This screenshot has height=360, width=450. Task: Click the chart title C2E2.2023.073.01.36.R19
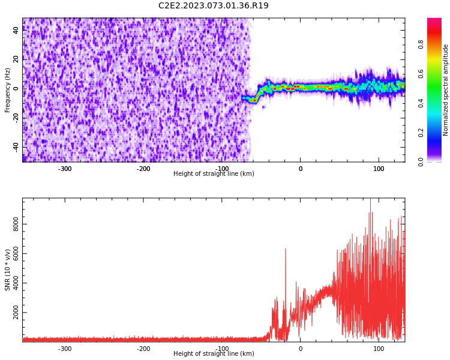(x=214, y=5)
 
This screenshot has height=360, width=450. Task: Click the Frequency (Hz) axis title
(x=7, y=90)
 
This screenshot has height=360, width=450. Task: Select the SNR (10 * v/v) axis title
(x=7, y=270)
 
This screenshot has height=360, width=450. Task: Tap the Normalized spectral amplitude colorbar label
(x=445, y=90)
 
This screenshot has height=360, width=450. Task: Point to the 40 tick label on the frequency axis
(x=16, y=30)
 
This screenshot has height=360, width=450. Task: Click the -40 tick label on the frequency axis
(x=16, y=148)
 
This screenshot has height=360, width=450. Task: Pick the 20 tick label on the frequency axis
(x=16, y=59)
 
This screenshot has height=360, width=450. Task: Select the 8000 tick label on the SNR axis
(x=16, y=224)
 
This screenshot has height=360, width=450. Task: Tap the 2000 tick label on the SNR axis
(x=16, y=313)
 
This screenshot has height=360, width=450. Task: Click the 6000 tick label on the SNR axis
(x=16, y=253)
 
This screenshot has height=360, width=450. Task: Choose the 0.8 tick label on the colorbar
(x=421, y=44)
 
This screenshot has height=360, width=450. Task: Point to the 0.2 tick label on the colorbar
(x=421, y=133)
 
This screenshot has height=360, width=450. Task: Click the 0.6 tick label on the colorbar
(x=421, y=74)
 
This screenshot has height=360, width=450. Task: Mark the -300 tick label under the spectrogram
(x=65, y=169)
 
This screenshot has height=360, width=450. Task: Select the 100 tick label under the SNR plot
(x=379, y=349)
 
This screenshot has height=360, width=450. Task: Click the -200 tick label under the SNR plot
(x=143, y=349)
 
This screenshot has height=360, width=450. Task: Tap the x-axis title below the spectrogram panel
(x=214, y=173)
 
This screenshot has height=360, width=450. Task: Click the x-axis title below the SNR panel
(x=214, y=353)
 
